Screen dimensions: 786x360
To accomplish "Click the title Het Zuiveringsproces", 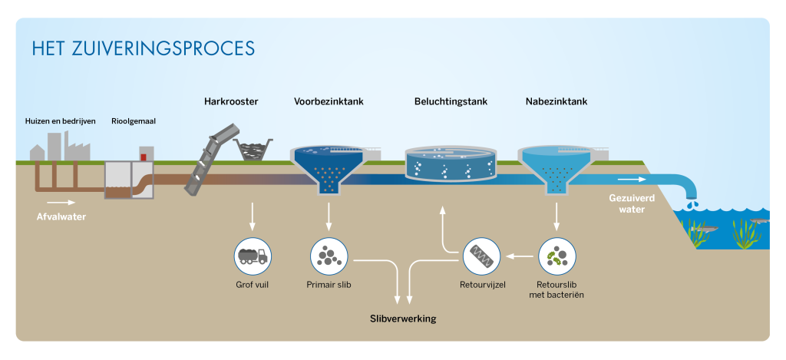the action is (x=144, y=48).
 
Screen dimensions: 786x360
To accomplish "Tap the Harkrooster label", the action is (x=231, y=101).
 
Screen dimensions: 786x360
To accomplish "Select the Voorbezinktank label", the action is (x=329, y=101).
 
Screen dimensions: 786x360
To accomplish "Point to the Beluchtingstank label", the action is (x=451, y=102).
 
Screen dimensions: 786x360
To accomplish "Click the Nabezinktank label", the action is (x=556, y=101).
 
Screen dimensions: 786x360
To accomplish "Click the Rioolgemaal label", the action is (x=134, y=121).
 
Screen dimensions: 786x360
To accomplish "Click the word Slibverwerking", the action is (x=403, y=319).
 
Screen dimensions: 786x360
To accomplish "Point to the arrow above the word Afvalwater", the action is (x=61, y=203).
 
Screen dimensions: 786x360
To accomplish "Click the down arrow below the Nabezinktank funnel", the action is (x=556, y=216).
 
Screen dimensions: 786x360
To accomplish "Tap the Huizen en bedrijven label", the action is (x=60, y=121).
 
